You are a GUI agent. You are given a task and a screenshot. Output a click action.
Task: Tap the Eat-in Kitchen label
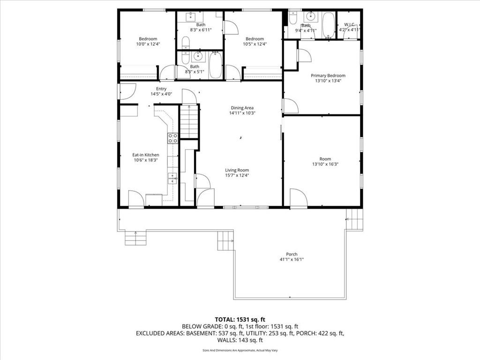pyautogui.click(x=145, y=155)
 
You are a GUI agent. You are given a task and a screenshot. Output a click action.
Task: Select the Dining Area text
pyautogui.click(x=242, y=108)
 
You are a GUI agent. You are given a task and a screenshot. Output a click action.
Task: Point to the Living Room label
pyautogui.click(x=237, y=170)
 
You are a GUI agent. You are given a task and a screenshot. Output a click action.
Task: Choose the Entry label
pyautogui.click(x=161, y=89)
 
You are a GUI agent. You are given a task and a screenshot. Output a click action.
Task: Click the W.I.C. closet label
pyautogui.click(x=349, y=24)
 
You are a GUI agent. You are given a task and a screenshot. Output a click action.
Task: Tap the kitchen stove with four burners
pyautogui.click(x=172, y=138)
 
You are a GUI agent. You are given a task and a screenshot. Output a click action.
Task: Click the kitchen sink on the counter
pyautogui.click(x=172, y=178)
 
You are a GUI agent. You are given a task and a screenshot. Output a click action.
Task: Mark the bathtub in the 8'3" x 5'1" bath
pyautogui.click(x=215, y=65)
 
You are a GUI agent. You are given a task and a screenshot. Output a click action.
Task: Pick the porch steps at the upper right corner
pyautogui.click(x=354, y=218)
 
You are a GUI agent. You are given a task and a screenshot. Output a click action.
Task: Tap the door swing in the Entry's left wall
pyautogui.click(x=127, y=91)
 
